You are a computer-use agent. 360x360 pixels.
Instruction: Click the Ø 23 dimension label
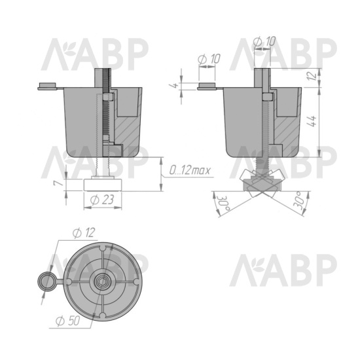pos(102,200)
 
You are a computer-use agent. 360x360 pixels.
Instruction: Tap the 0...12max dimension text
pos(190,171)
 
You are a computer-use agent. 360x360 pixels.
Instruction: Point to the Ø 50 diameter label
pos(67,321)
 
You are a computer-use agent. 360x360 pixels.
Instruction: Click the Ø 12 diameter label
pos(84,232)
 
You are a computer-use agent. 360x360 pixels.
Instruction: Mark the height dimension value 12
pos(312,75)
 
